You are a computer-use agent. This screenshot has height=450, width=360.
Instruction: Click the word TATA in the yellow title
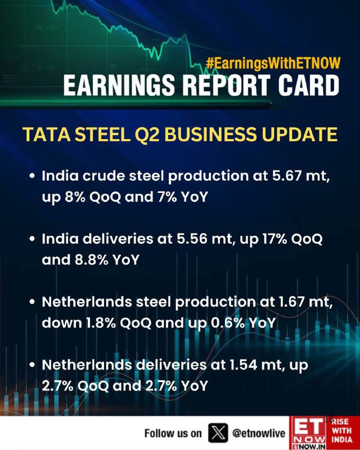tap(45, 135)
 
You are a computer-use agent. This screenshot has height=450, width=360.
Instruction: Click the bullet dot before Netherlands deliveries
tap(33, 364)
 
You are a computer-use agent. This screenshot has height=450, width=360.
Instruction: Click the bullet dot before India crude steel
tap(33, 175)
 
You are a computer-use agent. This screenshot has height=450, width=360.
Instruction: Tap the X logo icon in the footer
tap(217, 433)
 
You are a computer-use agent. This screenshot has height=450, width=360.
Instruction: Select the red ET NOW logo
tap(308, 433)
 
